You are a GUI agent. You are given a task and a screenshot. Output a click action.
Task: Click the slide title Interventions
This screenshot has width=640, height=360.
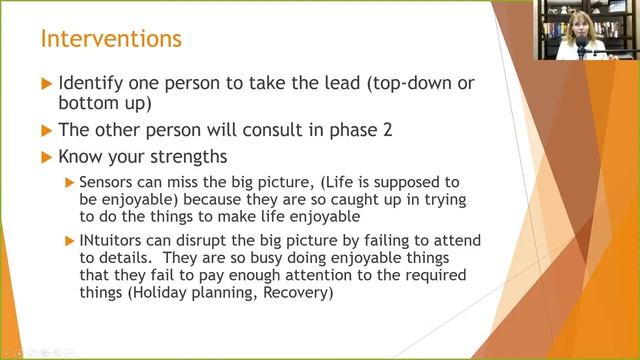[111, 40]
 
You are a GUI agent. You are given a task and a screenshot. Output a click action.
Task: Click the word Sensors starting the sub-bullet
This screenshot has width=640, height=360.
[106, 183]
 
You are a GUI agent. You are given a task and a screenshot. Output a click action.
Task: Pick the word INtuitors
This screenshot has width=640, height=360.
[112, 241]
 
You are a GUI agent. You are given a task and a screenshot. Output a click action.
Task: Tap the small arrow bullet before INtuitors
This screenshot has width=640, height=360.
[69, 241]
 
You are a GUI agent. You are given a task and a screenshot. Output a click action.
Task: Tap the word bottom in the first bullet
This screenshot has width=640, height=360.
[87, 104]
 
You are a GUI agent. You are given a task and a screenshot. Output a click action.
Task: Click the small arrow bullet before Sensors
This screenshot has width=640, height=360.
[69, 183]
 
